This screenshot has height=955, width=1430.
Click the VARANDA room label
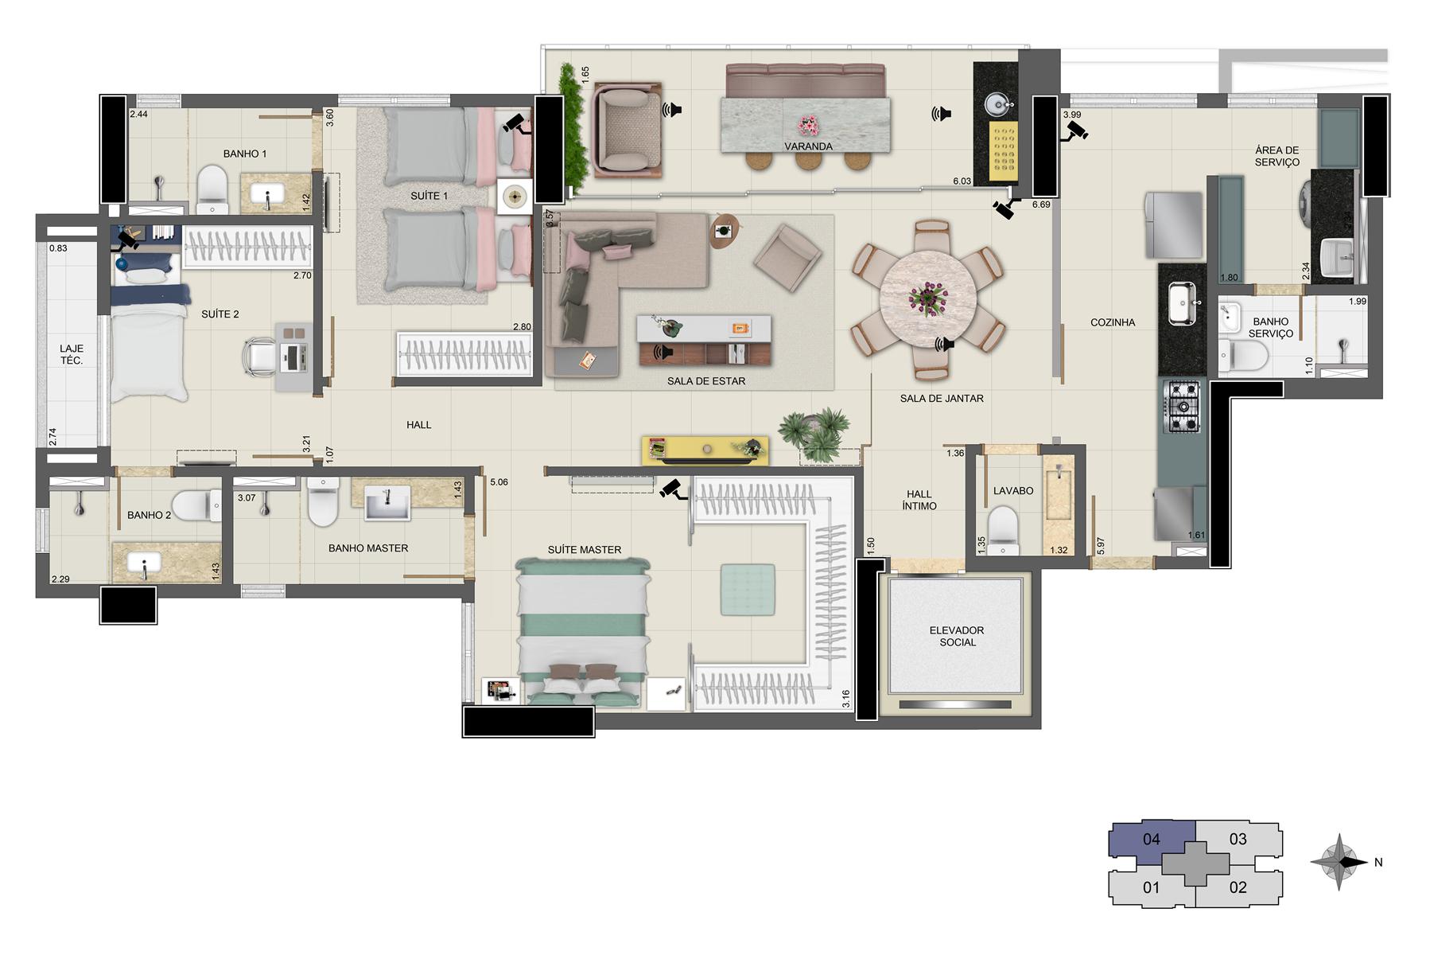[x=808, y=146]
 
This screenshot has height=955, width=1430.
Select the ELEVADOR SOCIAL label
[x=958, y=636]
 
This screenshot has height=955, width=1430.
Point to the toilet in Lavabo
[x=1003, y=531]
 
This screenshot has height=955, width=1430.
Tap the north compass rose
[x=1339, y=862]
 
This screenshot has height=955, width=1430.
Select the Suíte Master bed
[x=583, y=631]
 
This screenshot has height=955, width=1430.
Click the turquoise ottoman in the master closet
[x=748, y=590]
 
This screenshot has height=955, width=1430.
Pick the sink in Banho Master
[x=387, y=503]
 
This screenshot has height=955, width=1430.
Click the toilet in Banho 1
[x=212, y=189]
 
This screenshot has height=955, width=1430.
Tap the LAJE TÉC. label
[x=72, y=354]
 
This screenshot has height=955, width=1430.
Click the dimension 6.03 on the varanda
[x=962, y=181]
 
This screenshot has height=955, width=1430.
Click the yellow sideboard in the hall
[x=705, y=450]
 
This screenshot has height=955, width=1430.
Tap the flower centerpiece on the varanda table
[x=809, y=125]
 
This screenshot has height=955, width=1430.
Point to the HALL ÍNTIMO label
[x=919, y=500]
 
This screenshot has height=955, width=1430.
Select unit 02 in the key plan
[x=1238, y=887]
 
